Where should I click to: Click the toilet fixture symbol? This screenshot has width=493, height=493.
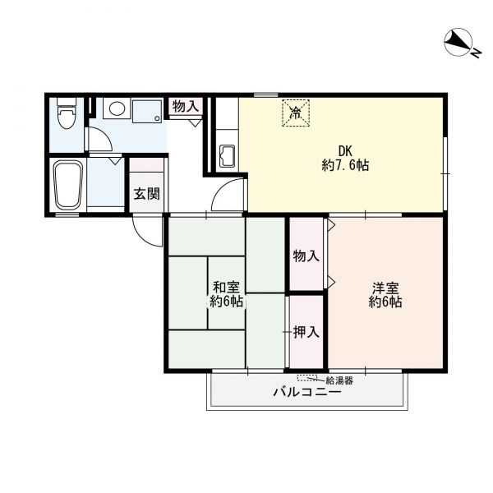[67, 113]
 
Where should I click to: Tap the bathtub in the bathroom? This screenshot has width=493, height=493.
[68, 185]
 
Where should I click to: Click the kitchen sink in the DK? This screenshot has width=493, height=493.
[227, 156]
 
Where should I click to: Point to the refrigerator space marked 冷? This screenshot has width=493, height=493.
[296, 113]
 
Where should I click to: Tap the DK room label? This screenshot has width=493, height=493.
[345, 151]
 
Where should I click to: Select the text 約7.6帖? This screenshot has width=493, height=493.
[345, 165]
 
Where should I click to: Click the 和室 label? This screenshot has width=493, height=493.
[226, 288]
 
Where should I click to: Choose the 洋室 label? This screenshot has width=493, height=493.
[385, 288]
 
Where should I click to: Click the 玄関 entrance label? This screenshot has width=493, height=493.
[147, 194]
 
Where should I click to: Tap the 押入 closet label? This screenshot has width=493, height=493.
[306, 332]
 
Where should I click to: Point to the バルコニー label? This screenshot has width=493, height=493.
[306, 392]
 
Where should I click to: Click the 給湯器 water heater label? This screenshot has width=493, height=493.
[339, 380]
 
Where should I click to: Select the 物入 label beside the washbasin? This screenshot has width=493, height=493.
[186, 107]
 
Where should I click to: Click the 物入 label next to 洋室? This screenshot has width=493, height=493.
[306, 256]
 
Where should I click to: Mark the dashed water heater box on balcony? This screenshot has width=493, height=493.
[307, 378]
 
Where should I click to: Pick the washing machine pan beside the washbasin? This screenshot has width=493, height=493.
[147, 111]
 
